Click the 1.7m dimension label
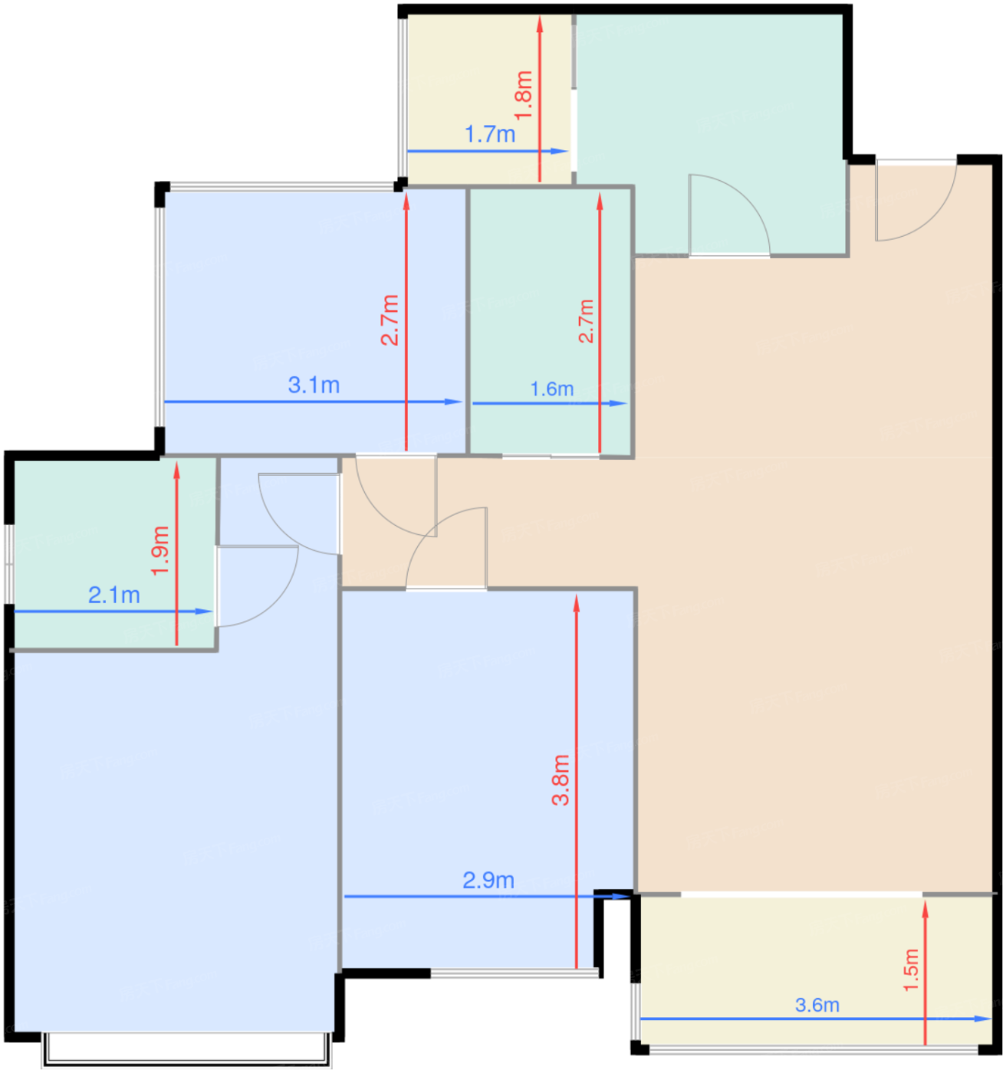pyautogui.click(x=489, y=135)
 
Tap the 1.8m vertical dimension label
pyautogui.click(x=524, y=95)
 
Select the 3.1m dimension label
pyautogui.click(x=314, y=385)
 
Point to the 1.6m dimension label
pyautogui.click(x=552, y=389)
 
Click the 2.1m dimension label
pyautogui.click(x=114, y=595)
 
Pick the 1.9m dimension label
pyautogui.click(x=160, y=550)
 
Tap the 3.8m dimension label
pyautogui.click(x=561, y=779)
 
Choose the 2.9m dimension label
pyautogui.click(x=488, y=881)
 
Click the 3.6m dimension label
pyautogui.click(x=817, y=1005)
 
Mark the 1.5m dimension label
pyautogui.click(x=910, y=970)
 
